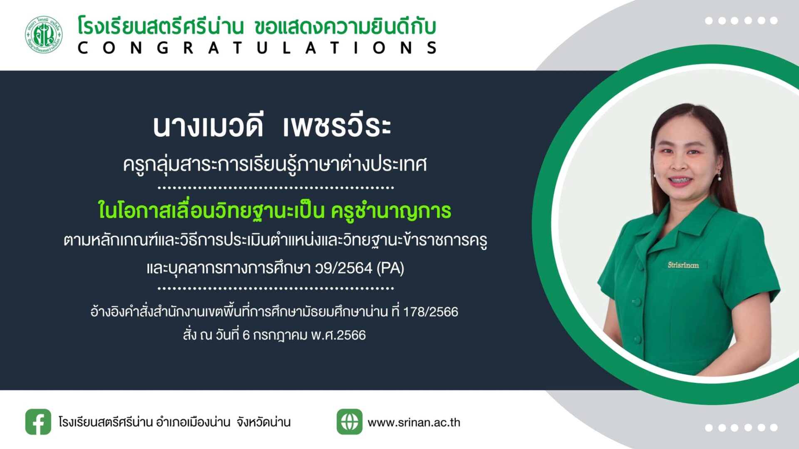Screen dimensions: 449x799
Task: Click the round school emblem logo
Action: tap(44, 35)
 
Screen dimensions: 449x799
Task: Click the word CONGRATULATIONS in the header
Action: tap(257, 48)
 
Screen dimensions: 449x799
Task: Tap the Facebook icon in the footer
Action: tap(38, 422)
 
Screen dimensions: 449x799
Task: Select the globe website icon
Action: tap(349, 422)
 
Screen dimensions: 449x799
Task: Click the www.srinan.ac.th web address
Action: tap(414, 422)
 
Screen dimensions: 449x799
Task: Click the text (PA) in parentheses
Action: tap(390, 268)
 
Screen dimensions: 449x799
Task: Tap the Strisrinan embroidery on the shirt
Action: tap(683, 265)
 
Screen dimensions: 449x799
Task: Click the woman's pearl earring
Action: tap(719, 178)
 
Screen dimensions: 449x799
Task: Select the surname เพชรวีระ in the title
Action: tap(337, 126)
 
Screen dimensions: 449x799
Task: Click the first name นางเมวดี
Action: tap(208, 126)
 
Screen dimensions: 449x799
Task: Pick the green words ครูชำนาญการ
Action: tap(391, 211)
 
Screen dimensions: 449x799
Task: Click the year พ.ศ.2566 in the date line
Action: tap(338, 335)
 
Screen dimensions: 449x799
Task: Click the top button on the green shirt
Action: tap(636, 301)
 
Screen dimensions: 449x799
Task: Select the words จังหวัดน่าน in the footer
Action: tap(263, 422)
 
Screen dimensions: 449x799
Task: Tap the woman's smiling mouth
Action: tap(680, 181)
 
